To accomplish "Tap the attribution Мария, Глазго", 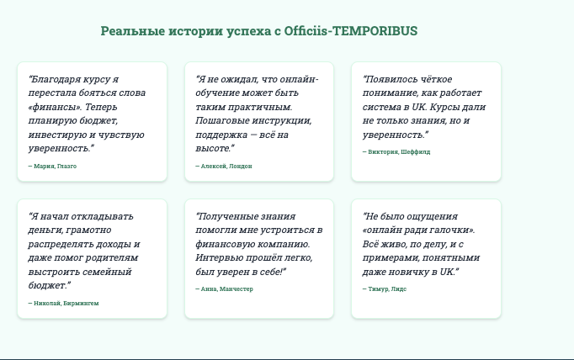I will [52, 166].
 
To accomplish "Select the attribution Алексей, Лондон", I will [223, 166].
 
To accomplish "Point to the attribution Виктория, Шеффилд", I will [396, 152].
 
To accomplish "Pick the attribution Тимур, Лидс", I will [385, 289].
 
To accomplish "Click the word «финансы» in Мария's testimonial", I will [54, 107].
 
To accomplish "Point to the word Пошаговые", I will [221, 120].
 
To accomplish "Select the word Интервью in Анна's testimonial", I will [221, 257].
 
